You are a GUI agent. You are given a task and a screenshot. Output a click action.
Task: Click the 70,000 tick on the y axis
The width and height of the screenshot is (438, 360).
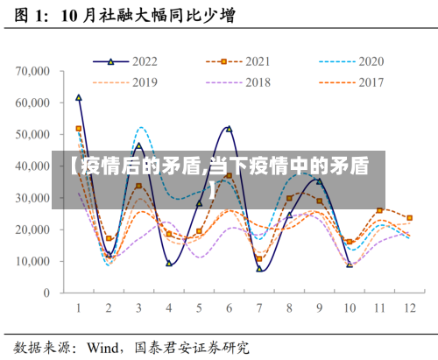click(x=34, y=70)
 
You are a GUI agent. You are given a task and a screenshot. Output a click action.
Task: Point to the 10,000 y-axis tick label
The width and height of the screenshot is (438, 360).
click(x=34, y=261)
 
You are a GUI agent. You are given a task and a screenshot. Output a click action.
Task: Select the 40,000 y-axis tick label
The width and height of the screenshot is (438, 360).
click(x=34, y=166)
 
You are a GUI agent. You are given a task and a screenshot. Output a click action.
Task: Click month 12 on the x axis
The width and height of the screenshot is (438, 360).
click(x=409, y=308)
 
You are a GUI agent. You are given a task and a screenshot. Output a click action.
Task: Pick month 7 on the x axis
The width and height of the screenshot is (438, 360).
click(x=259, y=308)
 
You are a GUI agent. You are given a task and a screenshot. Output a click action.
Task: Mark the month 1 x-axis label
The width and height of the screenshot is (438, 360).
click(x=79, y=308)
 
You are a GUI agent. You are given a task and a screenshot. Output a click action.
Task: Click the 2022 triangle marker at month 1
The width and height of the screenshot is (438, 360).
click(x=79, y=97)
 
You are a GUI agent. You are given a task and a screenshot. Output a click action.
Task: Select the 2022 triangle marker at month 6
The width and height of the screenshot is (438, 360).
click(x=230, y=129)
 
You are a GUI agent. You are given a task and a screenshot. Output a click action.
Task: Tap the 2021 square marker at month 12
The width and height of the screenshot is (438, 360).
click(x=409, y=218)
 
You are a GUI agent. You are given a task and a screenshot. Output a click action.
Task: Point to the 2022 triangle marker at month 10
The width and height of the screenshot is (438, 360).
click(x=350, y=264)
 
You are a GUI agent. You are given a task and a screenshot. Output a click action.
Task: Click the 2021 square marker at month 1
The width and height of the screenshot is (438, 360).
click(x=79, y=129)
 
